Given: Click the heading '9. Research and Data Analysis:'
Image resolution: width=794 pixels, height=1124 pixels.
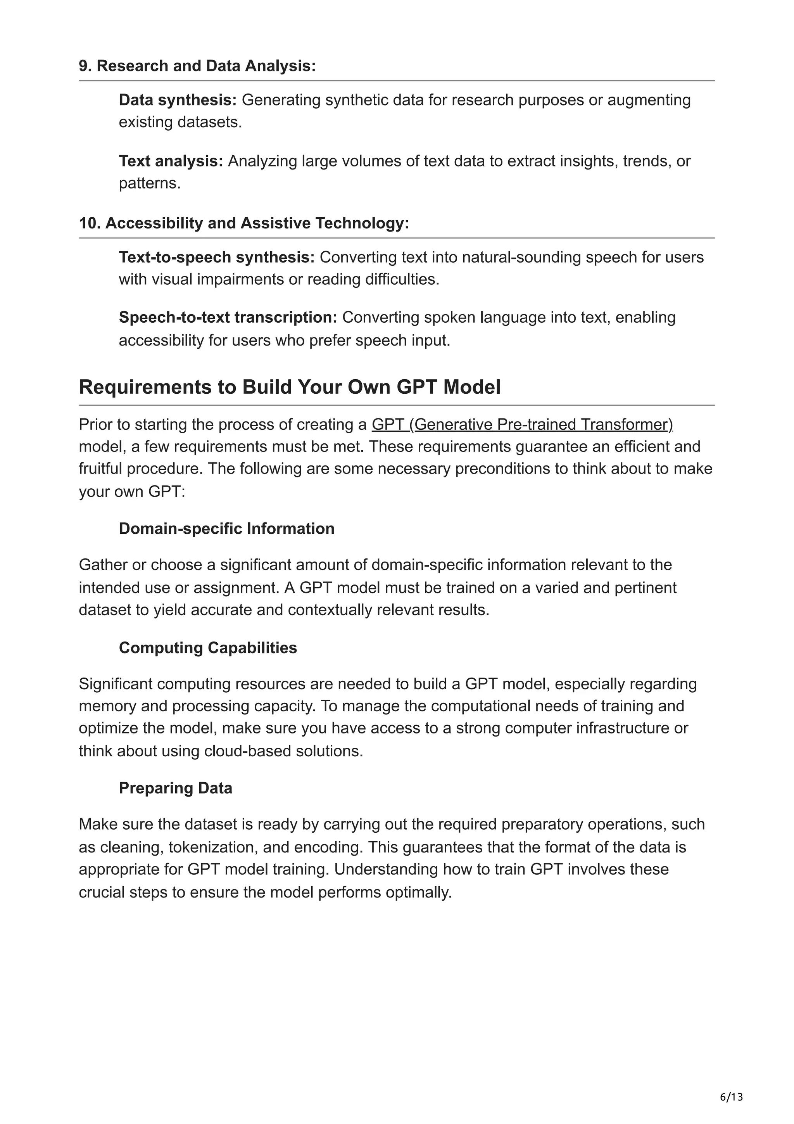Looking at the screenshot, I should [197, 66].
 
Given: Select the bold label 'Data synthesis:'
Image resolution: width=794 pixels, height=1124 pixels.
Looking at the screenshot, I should [178, 100].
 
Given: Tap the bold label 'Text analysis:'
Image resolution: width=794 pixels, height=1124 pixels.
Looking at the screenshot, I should [171, 161].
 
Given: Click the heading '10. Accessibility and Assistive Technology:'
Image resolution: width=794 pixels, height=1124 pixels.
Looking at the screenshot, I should [243, 223].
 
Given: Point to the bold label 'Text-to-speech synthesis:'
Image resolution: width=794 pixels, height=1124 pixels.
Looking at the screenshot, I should [217, 257].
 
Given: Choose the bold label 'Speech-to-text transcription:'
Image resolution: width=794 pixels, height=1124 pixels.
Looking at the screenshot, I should [228, 317].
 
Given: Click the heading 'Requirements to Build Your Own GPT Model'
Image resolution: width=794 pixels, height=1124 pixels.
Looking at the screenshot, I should [290, 387].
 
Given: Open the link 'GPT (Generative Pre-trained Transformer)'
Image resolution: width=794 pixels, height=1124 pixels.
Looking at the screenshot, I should [522, 424].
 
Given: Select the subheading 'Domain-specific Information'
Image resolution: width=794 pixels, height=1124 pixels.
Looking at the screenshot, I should [226, 529].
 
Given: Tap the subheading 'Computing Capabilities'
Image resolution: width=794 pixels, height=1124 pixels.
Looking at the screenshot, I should [208, 648].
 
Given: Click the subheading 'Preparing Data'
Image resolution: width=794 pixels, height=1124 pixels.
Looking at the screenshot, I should [175, 788].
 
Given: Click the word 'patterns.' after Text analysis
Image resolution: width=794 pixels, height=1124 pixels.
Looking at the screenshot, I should [150, 183].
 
